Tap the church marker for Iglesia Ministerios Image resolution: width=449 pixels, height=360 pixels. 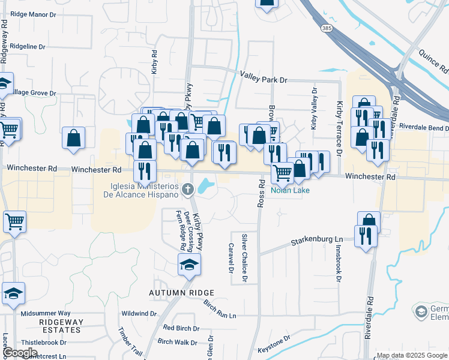(x=188, y=190)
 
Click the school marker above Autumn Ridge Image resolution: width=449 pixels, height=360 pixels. (x=188, y=264)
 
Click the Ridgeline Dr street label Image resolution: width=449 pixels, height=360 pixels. (x=28, y=46)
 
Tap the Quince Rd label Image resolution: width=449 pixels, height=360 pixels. (x=432, y=63)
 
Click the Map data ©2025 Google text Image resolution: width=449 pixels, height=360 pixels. (x=412, y=355)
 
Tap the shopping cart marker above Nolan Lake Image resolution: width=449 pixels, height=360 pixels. (x=282, y=173)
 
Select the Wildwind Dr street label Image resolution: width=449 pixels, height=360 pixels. (x=139, y=313)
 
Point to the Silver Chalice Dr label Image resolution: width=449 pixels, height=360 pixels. (x=244, y=258)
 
